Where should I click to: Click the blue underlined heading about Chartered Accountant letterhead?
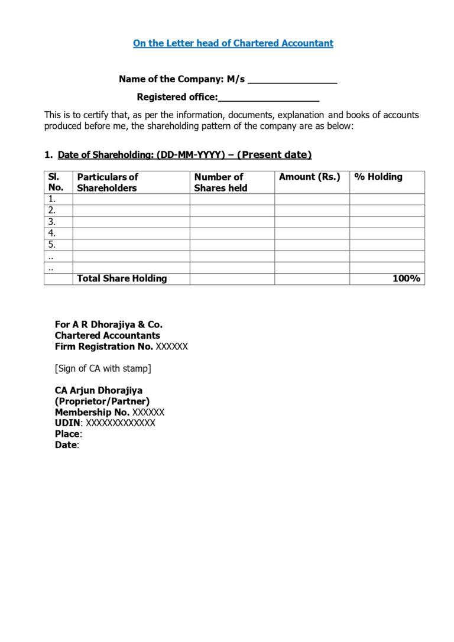[x=233, y=43]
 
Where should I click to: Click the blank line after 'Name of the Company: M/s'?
[x=292, y=80]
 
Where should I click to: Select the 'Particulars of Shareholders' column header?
[x=108, y=182]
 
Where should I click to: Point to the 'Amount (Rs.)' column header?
[x=310, y=177]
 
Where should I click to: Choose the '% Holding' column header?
[x=378, y=177]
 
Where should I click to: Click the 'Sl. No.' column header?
[x=56, y=182]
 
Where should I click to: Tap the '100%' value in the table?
[x=406, y=278]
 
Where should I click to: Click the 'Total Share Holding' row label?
[x=122, y=278]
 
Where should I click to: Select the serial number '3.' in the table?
[x=52, y=222]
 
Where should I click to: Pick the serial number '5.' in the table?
[x=52, y=244]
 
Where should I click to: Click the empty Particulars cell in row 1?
[x=131, y=199]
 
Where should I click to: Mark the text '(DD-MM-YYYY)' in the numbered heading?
[x=191, y=155]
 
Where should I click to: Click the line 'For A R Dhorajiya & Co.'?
[x=109, y=325]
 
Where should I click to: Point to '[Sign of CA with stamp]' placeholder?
[x=103, y=368]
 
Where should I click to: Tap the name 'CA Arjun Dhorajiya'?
[x=99, y=390]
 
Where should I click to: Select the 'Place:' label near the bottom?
[x=68, y=434]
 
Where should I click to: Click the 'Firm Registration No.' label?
[x=103, y=346]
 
